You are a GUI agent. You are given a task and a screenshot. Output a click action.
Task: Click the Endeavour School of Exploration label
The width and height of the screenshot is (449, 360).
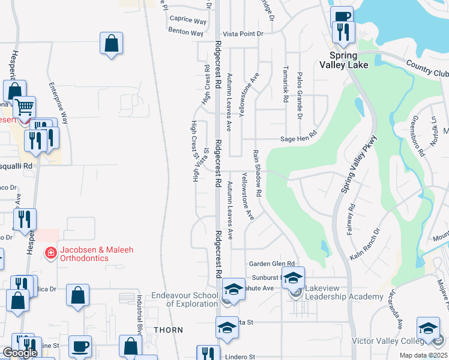pyautogui.click(x=184, y=299)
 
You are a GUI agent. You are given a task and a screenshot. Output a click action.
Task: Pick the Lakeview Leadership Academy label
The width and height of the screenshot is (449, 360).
pyautogui.click(x=344, y=292)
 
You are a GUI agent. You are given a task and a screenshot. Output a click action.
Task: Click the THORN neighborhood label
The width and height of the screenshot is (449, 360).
pyautogui.click(x=164, y=330)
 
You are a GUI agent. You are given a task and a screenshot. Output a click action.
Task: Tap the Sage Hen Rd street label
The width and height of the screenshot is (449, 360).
pyautogui.click(x=298, y=139)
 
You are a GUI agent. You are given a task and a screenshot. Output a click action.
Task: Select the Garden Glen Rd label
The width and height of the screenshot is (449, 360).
pyautogui.click(x=272, y=263)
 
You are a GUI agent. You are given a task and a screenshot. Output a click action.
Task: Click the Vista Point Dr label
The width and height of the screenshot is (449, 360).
pyautogui.click(x=243, y=34)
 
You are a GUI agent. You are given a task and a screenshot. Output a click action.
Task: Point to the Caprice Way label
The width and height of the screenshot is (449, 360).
pyautogui.click(x=188, y=20)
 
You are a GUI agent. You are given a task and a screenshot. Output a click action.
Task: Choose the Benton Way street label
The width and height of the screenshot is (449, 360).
pyautogui.click(x=185, y=32)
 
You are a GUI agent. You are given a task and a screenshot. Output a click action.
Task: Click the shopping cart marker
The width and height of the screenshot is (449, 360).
pyautogui.click(x=25, y=108)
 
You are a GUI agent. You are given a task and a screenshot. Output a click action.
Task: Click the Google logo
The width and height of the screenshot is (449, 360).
pyautogui.click(x=20, y=353)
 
